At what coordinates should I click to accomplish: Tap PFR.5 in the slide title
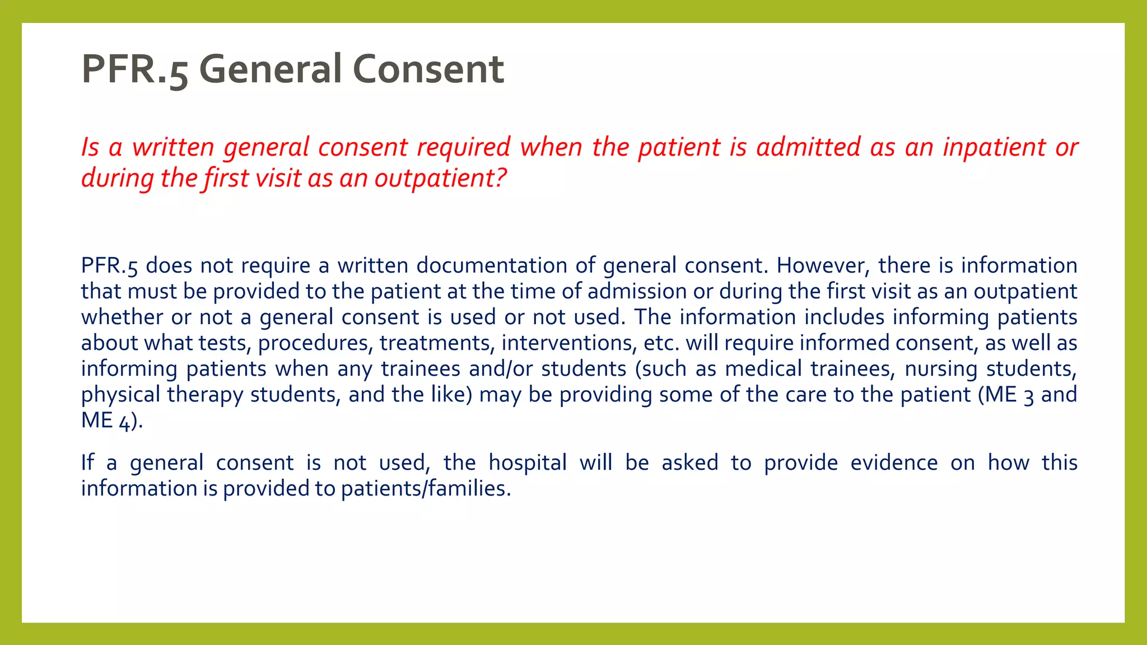click(x=134, y=69)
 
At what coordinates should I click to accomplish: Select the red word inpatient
click(x=994, y=147)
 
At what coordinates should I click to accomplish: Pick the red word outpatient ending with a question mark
click(x=440, y=179)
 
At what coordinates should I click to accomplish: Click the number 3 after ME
click(x=1028, y=396)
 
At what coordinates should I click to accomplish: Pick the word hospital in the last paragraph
click(x=528, y=463)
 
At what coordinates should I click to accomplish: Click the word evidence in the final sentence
click(x=894, y=463)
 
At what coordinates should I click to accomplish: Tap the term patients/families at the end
click(x=423, y=489)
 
